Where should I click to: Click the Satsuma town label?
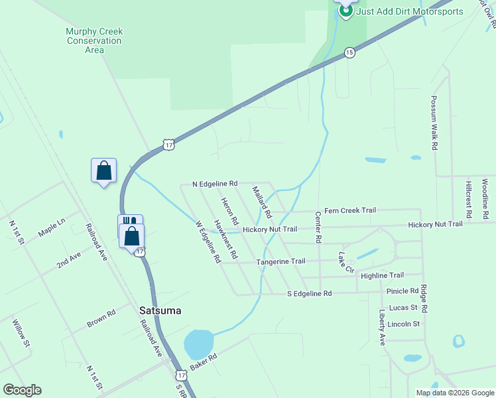tap(160, 310)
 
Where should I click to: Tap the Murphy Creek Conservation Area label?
tap(94, 40)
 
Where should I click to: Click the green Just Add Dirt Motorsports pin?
tap(345, 10)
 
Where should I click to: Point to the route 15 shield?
tap(349, 52)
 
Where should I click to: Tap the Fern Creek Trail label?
tap(349, 210)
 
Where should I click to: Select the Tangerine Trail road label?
tap(280, 261)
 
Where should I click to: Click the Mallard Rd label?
tap(262, 202)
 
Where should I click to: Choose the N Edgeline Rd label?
tap(214, 183)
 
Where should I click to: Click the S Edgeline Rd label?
tap(308, 293)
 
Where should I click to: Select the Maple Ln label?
tap(52, 229)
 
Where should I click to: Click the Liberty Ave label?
tap(382, 327)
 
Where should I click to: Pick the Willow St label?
tap(21, 334)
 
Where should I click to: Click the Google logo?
tap(22, 390)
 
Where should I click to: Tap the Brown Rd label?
tap(101, 318)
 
